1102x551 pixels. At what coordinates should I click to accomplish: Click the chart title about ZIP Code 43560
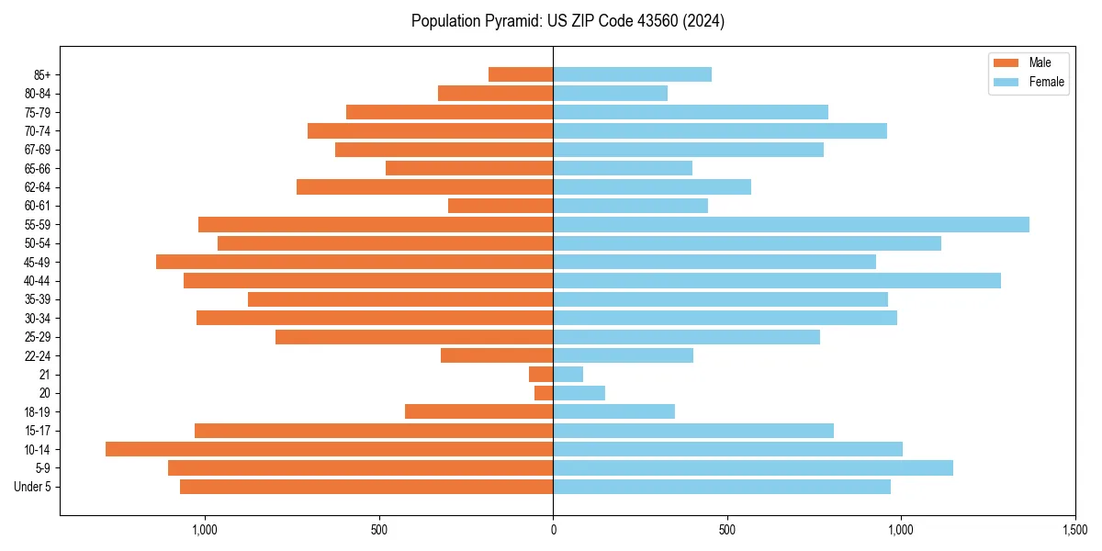[x=568, y=21]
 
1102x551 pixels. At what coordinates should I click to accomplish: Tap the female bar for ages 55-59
[x=791, y=224]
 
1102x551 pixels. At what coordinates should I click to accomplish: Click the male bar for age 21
[x=541, y=374]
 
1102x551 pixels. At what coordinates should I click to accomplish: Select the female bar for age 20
[x=579, y=393]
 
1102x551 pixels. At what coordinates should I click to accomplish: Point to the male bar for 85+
[x=521, y=74]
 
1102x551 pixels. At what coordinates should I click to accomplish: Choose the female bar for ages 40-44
[x=777, y=280]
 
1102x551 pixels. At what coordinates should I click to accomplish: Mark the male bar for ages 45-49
[x=354, y=262]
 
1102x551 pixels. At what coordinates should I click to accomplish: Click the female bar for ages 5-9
[x=753, y=467]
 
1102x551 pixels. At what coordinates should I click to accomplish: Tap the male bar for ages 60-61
[x=500, y=206]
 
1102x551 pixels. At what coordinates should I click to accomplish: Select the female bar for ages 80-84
[x=610, y=93]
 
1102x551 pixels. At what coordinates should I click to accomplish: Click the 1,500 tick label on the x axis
[x=1074, y=530]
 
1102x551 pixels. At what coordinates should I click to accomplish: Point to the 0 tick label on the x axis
[x=553, y=530]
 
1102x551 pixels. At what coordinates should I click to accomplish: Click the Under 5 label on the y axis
[x=32, y=487]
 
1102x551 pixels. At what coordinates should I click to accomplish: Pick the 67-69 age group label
[x=38, y=150]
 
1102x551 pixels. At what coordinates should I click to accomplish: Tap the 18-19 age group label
[x=38, y=411]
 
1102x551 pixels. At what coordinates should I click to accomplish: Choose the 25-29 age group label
[x=38, y=337]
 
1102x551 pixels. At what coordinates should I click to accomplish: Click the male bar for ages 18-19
[x=478, y=411]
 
